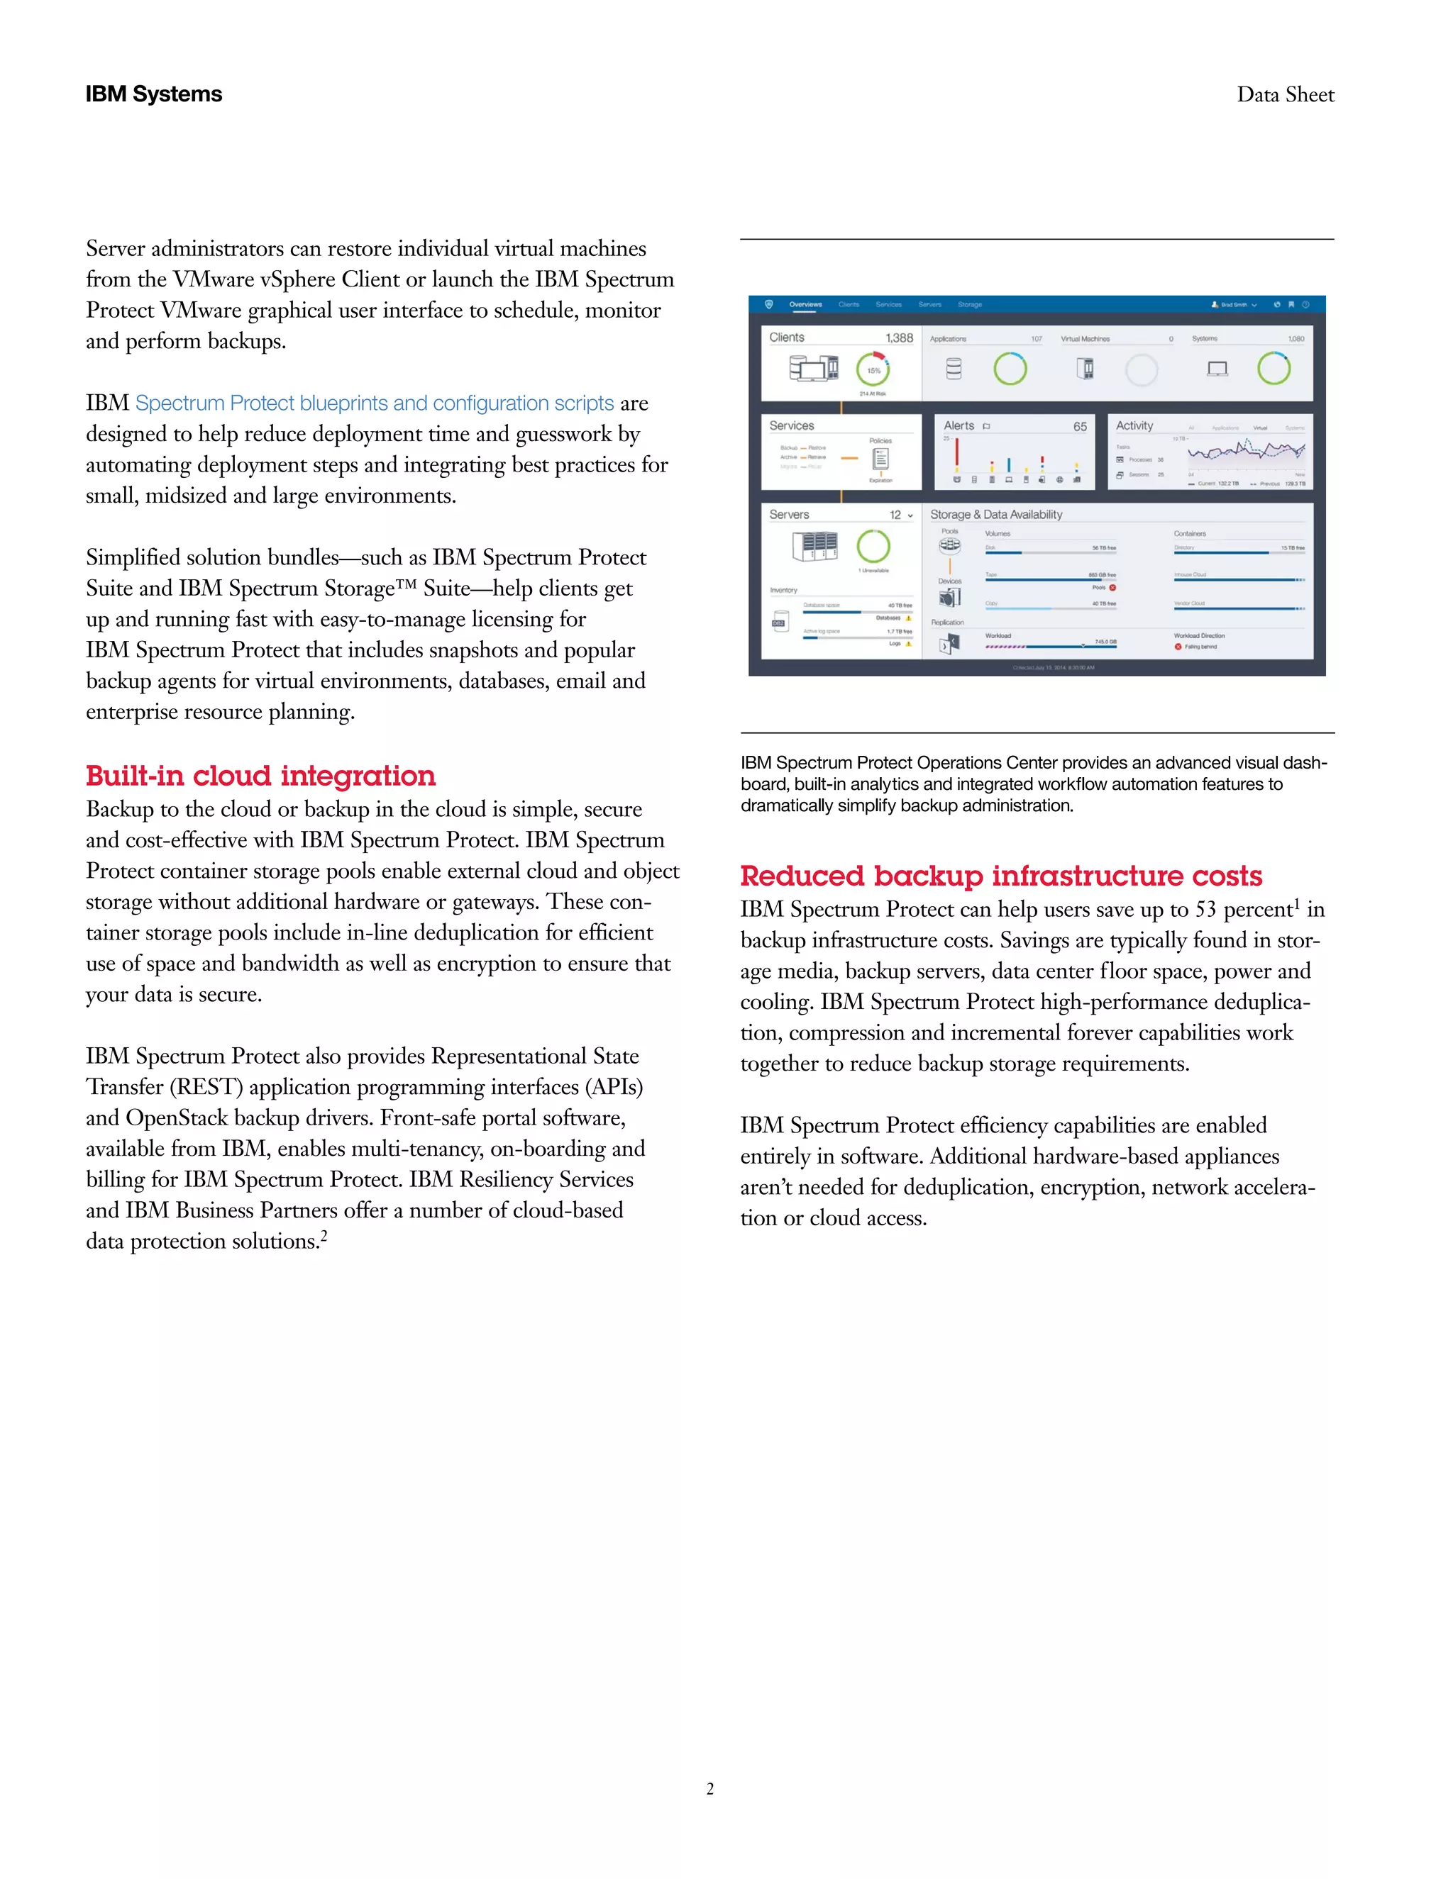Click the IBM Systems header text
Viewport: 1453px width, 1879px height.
[153, 94]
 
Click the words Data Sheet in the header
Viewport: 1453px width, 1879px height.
[1285, 94]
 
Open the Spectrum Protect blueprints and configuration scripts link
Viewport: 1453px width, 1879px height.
[375, 403]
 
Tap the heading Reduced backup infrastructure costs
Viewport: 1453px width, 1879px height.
[1000, 875]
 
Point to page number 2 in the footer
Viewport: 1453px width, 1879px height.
[710, 1789]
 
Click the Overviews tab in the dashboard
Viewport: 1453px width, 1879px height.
[806, 305]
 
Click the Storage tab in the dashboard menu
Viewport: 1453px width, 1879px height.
[969, 305]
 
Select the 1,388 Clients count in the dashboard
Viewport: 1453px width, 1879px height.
[900, 338]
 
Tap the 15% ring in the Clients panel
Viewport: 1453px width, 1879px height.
[873, 370]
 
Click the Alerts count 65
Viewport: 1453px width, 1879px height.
[1079, 427]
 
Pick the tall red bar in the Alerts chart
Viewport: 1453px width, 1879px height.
[956, 455]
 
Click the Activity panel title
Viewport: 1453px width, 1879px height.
[1134, 426]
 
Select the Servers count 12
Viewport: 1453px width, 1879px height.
[895, 515]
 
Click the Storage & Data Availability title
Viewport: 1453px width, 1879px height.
[996, 515]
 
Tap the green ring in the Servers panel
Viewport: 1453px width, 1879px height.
[873, 546]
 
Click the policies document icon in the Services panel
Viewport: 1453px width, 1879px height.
[880, 459]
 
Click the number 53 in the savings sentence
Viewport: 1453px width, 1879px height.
[1205, 910]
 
